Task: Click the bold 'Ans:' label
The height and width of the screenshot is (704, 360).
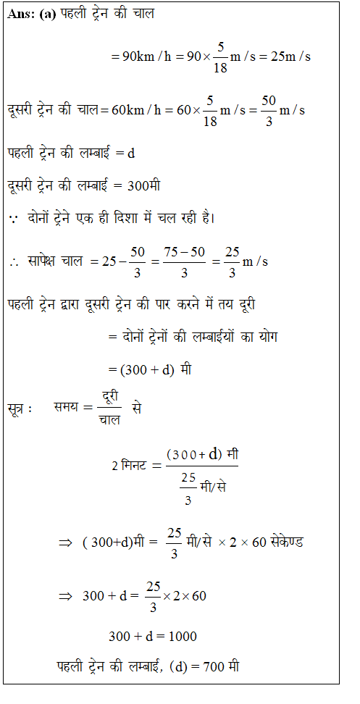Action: tap(22, 14)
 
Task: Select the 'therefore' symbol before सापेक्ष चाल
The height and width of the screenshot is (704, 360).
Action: tap(14, 261)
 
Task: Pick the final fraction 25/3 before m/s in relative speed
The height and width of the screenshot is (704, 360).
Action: tap(231, 261)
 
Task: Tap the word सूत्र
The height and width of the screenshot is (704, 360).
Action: tap(19, 408)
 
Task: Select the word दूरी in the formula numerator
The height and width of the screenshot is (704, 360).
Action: tap(111, 395)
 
